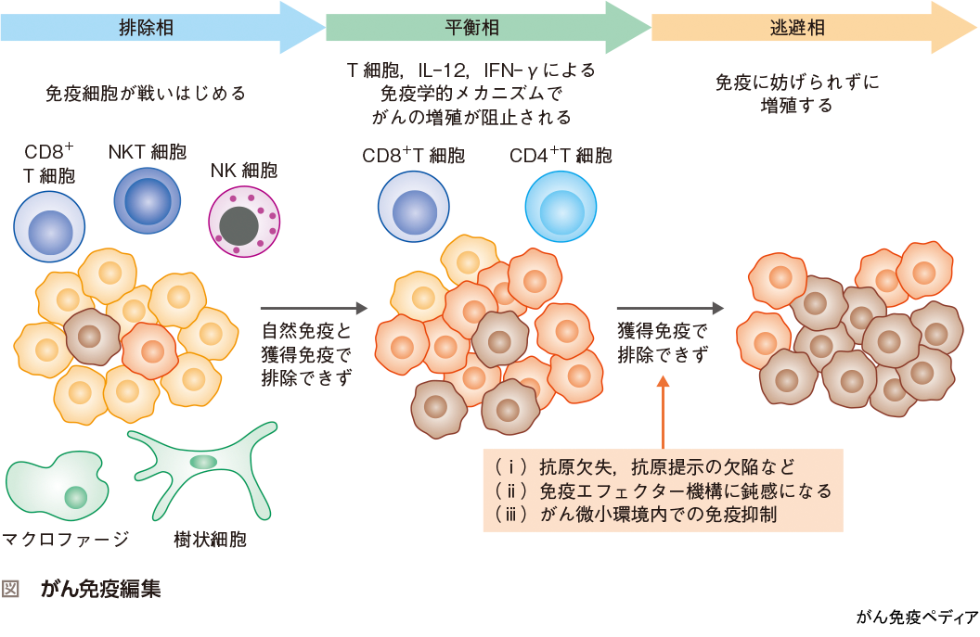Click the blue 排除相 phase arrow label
click(147, 28)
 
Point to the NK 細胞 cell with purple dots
click(243, 222)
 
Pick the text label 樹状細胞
click(210, 539)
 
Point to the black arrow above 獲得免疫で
click(669, 308)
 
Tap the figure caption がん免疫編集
click(101, 589)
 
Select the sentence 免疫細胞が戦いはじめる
click(146, 94)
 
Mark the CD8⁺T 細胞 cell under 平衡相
click(413, 209)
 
